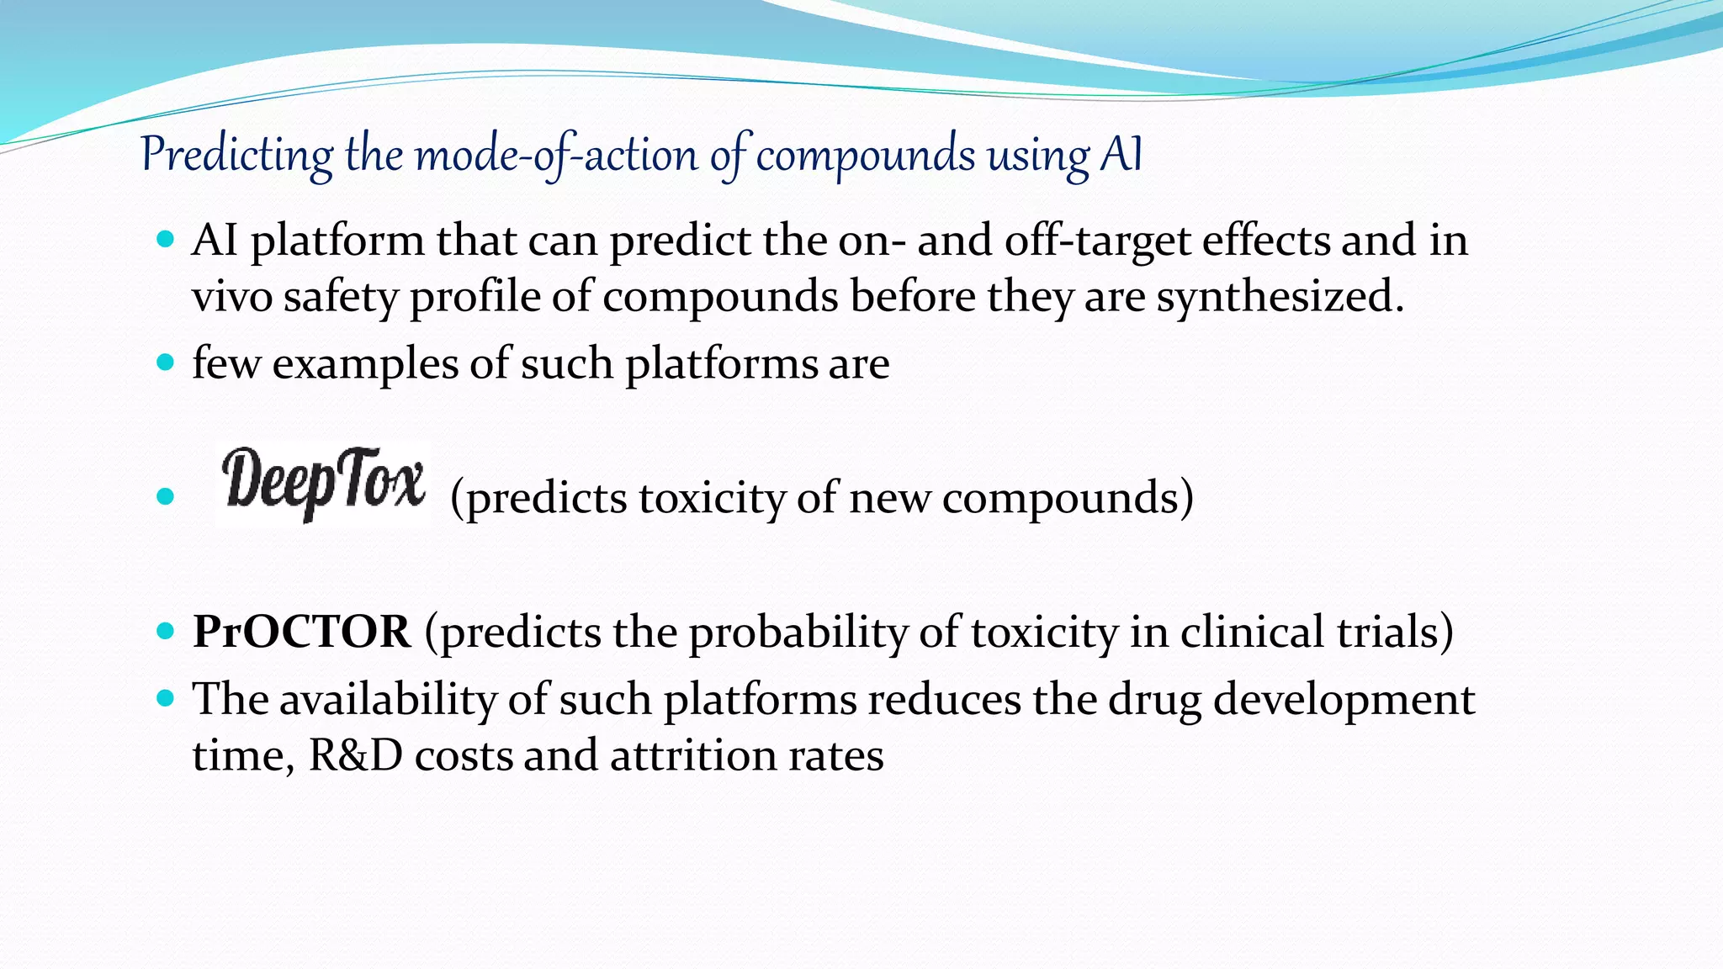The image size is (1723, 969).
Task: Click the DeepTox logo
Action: (323, 484)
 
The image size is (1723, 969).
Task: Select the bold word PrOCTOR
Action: (302, 632)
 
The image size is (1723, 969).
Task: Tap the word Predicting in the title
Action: (237, 155)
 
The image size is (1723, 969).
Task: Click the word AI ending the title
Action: (1121, 155)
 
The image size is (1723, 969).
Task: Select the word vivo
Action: (232, 297)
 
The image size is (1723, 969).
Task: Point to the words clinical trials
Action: (1316, 632)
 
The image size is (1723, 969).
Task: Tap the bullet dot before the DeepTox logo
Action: (166, 496)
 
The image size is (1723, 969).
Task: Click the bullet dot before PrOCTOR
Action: (166, 631)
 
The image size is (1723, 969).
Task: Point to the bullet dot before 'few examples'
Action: (166, 363)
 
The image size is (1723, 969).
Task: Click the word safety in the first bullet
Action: (340, 297)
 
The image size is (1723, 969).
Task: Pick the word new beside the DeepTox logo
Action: (890, 498)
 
